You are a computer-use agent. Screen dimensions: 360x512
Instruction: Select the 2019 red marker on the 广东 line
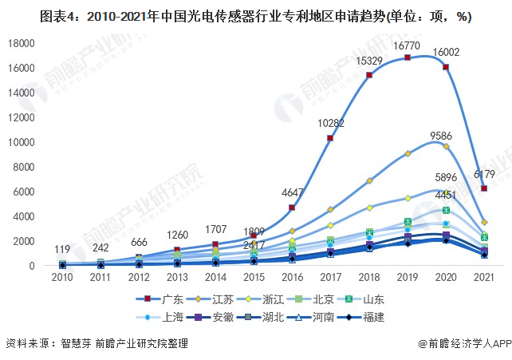(408, 57)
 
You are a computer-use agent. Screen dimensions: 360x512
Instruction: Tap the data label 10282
(329, 123)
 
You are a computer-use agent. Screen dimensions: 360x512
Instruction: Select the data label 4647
(292, 192)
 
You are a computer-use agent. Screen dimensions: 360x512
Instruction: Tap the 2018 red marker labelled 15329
(368, 75)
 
